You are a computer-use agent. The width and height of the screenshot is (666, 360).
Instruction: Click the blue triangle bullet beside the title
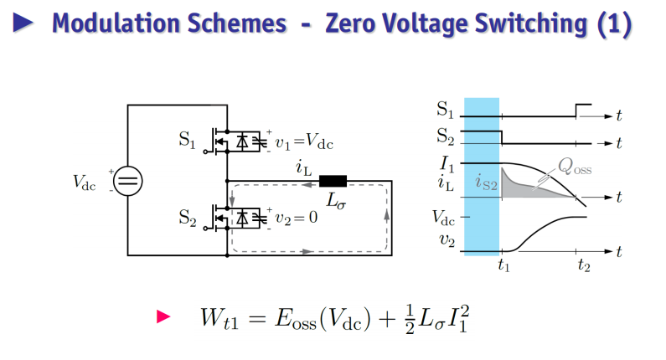coord(23,23)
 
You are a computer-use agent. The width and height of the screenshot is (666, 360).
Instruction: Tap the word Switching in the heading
coord(531,23)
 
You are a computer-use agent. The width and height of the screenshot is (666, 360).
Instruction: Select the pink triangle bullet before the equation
coord(163,316)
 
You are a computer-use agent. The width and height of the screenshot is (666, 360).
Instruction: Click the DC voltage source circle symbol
coord(128,181)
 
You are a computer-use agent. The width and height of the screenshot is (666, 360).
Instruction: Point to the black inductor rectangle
coord(333,182)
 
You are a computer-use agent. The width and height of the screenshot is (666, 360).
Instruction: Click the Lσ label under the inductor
coord(336,201)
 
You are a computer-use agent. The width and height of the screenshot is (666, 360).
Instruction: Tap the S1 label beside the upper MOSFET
coord(188,140)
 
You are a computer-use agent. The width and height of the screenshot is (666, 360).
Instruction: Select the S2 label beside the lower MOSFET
coord(188,218)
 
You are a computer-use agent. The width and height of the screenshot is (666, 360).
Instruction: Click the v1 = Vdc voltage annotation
coord(304,141)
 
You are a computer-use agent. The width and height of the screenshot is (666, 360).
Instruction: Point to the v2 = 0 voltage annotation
coord(296,218)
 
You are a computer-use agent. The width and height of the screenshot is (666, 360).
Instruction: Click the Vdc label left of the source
coord(84,183)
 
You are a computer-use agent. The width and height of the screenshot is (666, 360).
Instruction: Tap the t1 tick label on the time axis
coord(503,265)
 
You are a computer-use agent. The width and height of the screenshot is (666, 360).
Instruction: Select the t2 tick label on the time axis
coord(584,265)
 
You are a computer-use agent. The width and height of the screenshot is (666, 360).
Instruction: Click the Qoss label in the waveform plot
coord(575,167)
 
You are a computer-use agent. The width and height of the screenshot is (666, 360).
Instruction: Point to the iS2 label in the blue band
coord(486,183)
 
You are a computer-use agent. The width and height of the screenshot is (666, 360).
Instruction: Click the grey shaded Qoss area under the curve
coord(519,189)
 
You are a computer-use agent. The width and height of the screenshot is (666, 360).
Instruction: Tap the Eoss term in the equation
coord(296,318)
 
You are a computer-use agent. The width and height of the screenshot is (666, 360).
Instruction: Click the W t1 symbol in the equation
coord(219,318)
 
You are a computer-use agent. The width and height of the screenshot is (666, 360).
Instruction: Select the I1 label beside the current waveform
coord(447,164)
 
